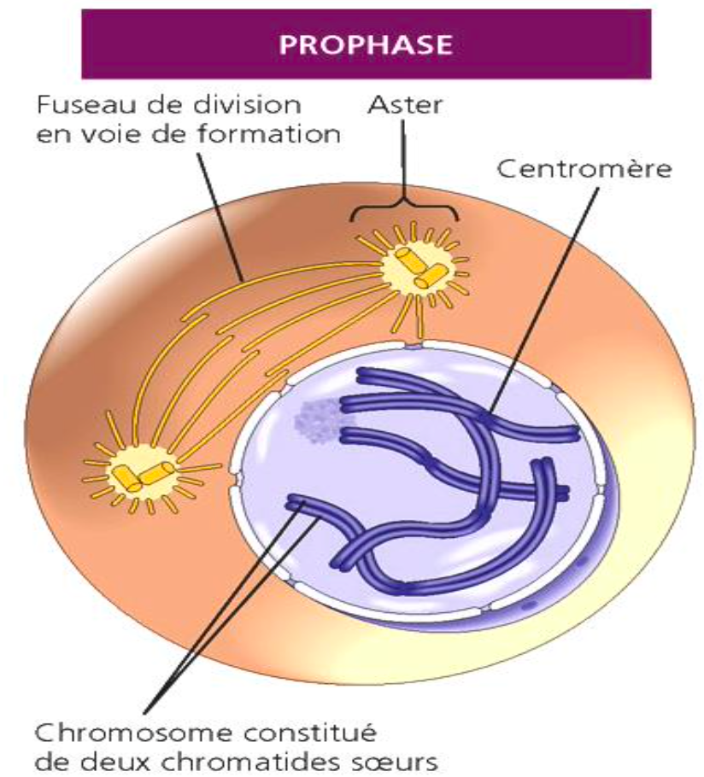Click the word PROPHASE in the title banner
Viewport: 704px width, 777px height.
click(366, 44)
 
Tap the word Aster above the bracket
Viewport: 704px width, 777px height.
click(401, 105)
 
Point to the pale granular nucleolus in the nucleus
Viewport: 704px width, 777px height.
click(317, 418)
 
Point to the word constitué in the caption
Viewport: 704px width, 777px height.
click(308, 733)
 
